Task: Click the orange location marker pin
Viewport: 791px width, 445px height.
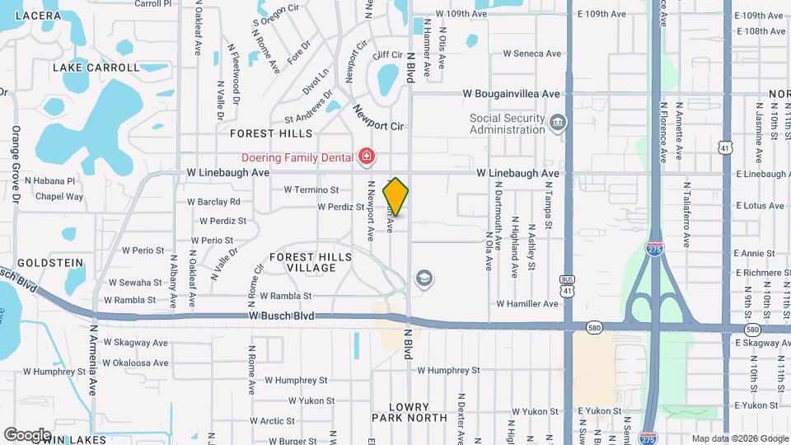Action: (396, 196)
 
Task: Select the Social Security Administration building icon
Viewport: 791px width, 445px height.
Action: (559, 124)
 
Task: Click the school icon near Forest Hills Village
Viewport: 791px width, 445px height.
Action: (424, 279)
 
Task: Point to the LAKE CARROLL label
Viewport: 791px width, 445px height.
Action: (96, 68)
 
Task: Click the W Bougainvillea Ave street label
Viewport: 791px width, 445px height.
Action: (511, 94)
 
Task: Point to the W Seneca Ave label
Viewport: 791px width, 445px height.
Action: (531, 54)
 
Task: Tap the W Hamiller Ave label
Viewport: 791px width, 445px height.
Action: (527, 304)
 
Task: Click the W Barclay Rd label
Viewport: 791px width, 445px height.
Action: (213, 201)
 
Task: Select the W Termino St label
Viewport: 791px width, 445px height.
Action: (311, 190)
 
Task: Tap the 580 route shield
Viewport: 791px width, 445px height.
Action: (594, 328)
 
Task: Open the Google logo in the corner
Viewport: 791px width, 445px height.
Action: (27, 434)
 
